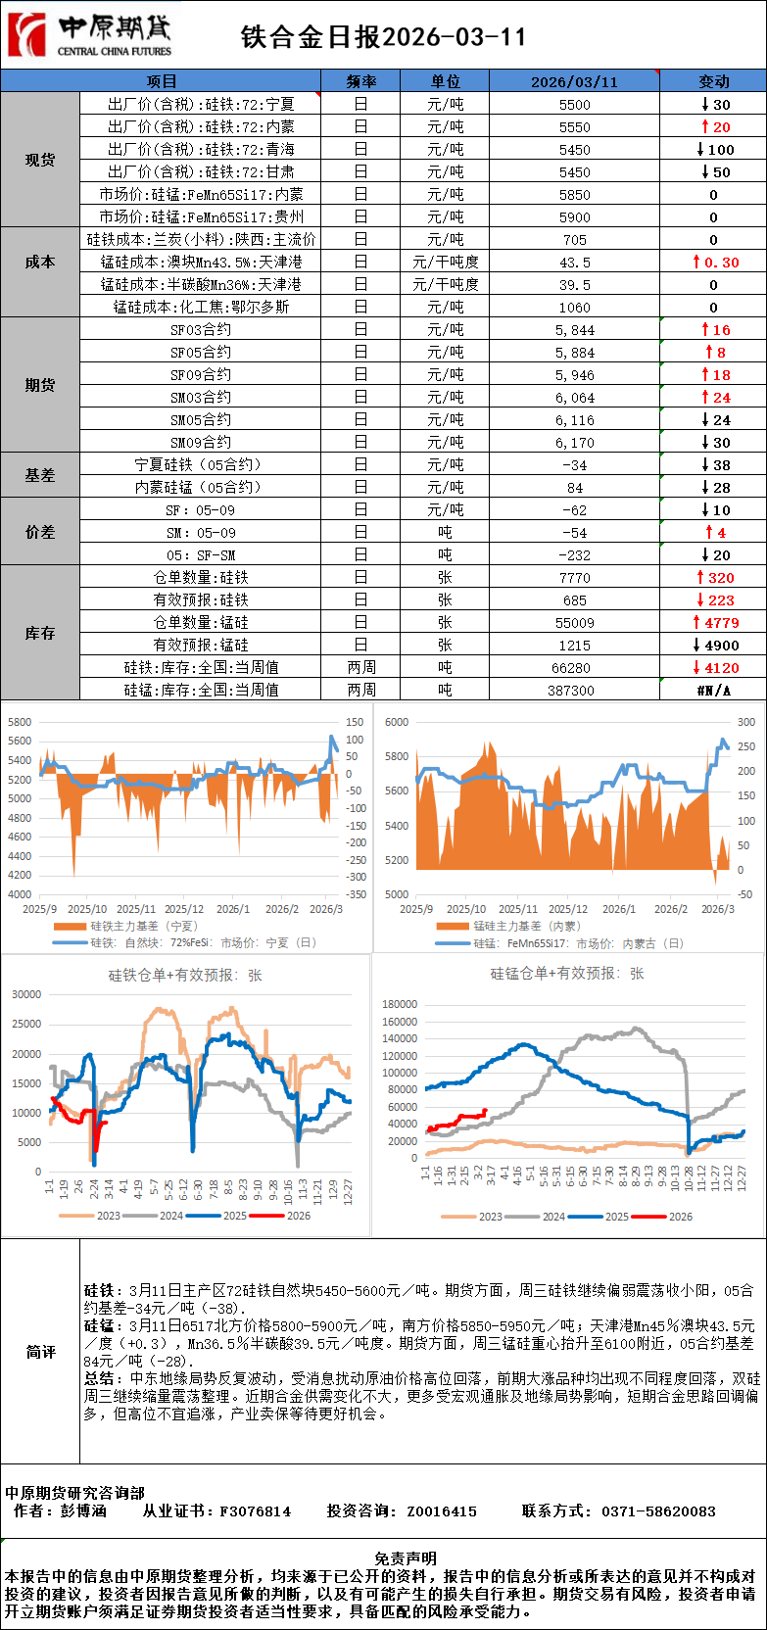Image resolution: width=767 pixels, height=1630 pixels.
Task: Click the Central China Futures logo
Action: click(90, 35)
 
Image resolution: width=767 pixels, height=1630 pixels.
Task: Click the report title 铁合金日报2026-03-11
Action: click(383, 37)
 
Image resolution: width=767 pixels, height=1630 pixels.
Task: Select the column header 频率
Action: click(360, 81)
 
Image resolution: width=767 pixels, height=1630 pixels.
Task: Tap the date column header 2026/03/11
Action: click(574, 81)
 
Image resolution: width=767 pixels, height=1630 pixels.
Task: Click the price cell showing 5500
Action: click(574, 105)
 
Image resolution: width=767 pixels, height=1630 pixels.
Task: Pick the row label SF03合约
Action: click(201, 330)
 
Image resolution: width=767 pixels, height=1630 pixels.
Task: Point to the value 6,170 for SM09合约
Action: click(574, 443)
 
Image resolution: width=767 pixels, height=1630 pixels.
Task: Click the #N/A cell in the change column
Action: click(713, 691)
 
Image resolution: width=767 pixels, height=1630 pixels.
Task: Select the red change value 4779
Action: click(715, 623)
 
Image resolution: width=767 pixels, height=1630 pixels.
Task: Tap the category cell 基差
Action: click(40, 475)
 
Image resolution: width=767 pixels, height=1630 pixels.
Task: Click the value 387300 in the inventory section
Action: click(574, 691)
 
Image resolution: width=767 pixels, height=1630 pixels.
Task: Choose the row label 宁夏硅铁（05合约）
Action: click(201, 465)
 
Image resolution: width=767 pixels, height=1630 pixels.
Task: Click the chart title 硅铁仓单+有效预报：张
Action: click(185, 976)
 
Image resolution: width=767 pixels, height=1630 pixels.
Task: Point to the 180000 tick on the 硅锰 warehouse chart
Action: click(400, 1004)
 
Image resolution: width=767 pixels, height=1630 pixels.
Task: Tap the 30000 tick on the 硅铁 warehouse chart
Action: click(26, 994)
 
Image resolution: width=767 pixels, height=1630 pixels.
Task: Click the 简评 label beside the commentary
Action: click(40, 1352)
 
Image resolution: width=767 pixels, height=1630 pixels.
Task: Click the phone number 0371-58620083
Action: click(658, 1511)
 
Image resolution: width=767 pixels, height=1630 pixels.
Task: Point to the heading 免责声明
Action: click(405, 1558)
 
